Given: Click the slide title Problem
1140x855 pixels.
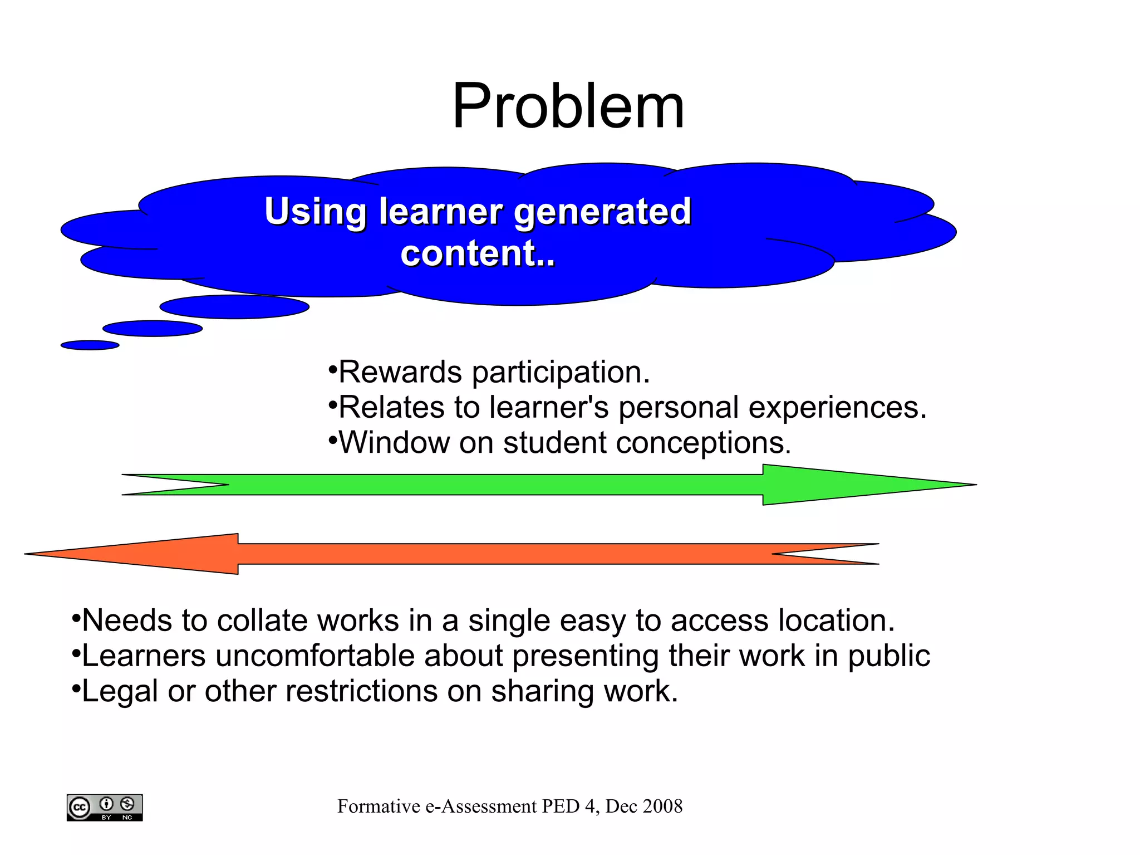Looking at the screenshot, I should tap(568, 106).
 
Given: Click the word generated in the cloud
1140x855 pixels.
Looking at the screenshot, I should tap(602, 212).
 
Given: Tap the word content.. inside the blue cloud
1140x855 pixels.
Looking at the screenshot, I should tap(478, 253).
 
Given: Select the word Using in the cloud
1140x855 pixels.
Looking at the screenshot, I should tap(315, 212).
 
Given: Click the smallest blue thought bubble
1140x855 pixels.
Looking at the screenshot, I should tap(90, 345).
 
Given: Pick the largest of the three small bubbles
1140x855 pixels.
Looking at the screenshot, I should tap(234, 307).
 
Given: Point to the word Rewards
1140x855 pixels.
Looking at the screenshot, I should tap(400, 372).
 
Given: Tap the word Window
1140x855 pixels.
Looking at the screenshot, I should tap(394, 443).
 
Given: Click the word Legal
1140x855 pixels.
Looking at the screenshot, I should tap(120, 692).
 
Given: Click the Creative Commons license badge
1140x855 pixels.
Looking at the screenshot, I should tap(105, 807).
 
